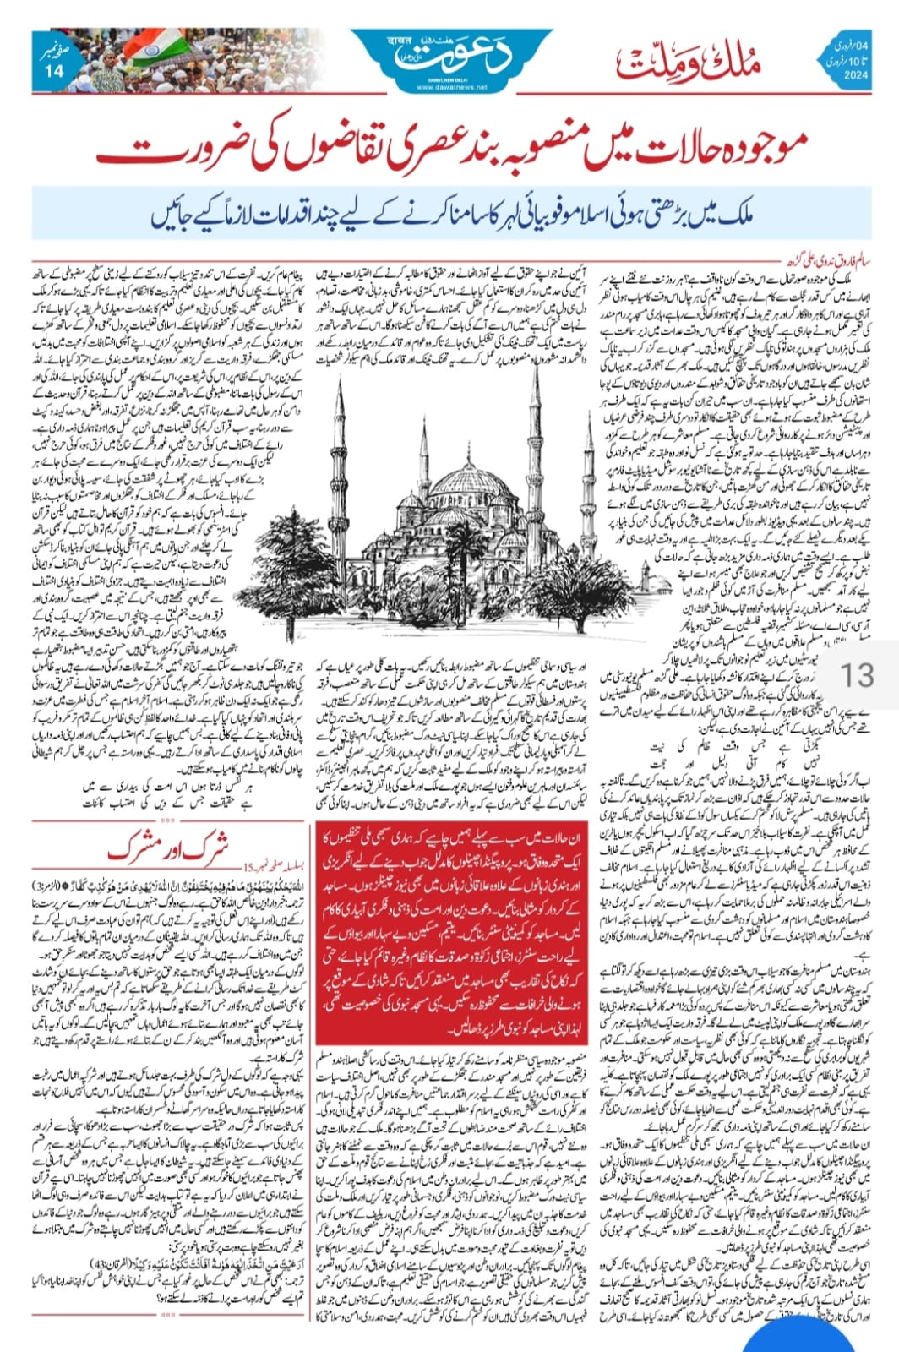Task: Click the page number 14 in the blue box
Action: pos(57,72)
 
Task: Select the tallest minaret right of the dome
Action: pos(535,448)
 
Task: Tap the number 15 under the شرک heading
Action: pos(247,867)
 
